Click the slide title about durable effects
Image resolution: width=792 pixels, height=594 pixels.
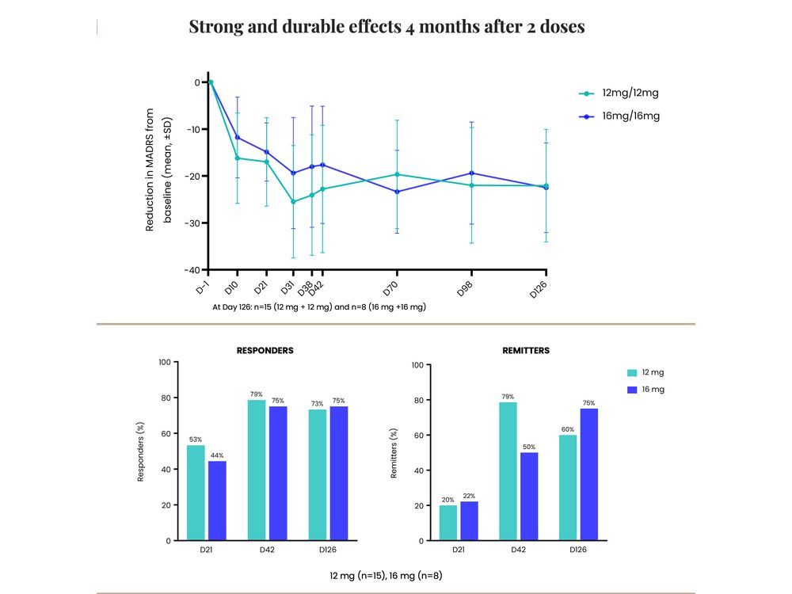(x=386, y=26)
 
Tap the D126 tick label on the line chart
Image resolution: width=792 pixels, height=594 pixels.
(x=539, y=290)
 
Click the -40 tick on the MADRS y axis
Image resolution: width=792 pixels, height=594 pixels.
(x=193, y=270)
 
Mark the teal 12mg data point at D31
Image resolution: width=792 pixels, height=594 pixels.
(x=293, y=202)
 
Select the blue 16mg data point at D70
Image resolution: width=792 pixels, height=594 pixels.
(x=397, y=192)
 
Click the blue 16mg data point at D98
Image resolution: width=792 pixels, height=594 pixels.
(x=471, y=173)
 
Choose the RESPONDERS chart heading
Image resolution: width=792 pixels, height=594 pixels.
(x=265, y=350)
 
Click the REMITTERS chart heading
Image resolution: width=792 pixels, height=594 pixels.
(x=525, y=350)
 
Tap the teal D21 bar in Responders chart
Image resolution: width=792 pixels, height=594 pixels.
(x=196, y=493)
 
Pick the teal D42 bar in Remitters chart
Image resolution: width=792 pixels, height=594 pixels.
(x=508, y=471)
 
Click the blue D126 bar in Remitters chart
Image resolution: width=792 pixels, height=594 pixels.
(x=588, y=474)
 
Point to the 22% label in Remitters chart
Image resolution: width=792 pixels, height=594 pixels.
(x=469, y=496)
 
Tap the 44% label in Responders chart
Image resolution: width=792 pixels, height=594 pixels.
(x=216, y=455)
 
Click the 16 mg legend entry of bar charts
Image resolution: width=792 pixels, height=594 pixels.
(x=645, y=389)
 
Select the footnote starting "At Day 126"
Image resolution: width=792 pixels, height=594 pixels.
(x=319, y=306)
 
